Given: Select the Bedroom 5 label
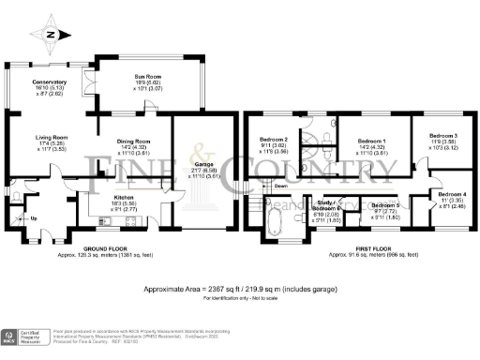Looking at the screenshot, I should [x=384, y=204].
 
